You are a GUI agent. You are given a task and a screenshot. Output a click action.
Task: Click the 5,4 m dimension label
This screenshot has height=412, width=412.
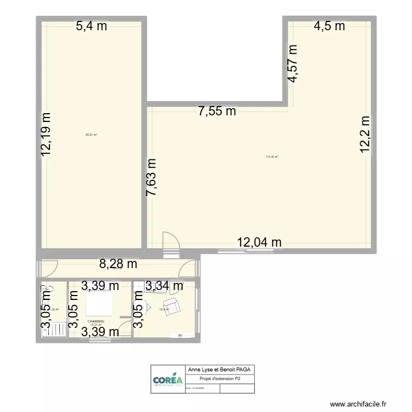click(91, 26)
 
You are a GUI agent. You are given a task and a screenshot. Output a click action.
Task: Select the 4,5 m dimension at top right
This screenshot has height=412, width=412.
click(329, 26)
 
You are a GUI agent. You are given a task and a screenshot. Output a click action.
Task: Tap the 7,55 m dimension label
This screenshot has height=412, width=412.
click(217, 112)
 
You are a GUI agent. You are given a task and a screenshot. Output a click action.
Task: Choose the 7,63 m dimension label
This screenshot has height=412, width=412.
click(151, 177)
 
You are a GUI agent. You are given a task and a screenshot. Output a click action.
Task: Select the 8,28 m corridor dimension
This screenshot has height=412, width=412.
click(118, 264)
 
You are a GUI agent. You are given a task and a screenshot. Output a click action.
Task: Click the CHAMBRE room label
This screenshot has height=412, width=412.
click(96, 321)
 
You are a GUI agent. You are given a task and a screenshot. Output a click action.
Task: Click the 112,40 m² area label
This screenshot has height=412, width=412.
click(272, 157)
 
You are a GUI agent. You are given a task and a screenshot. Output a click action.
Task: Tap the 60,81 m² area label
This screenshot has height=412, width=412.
click(91, 134)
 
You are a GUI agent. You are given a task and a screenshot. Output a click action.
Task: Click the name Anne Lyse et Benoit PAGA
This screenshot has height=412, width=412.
click(220, 370)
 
